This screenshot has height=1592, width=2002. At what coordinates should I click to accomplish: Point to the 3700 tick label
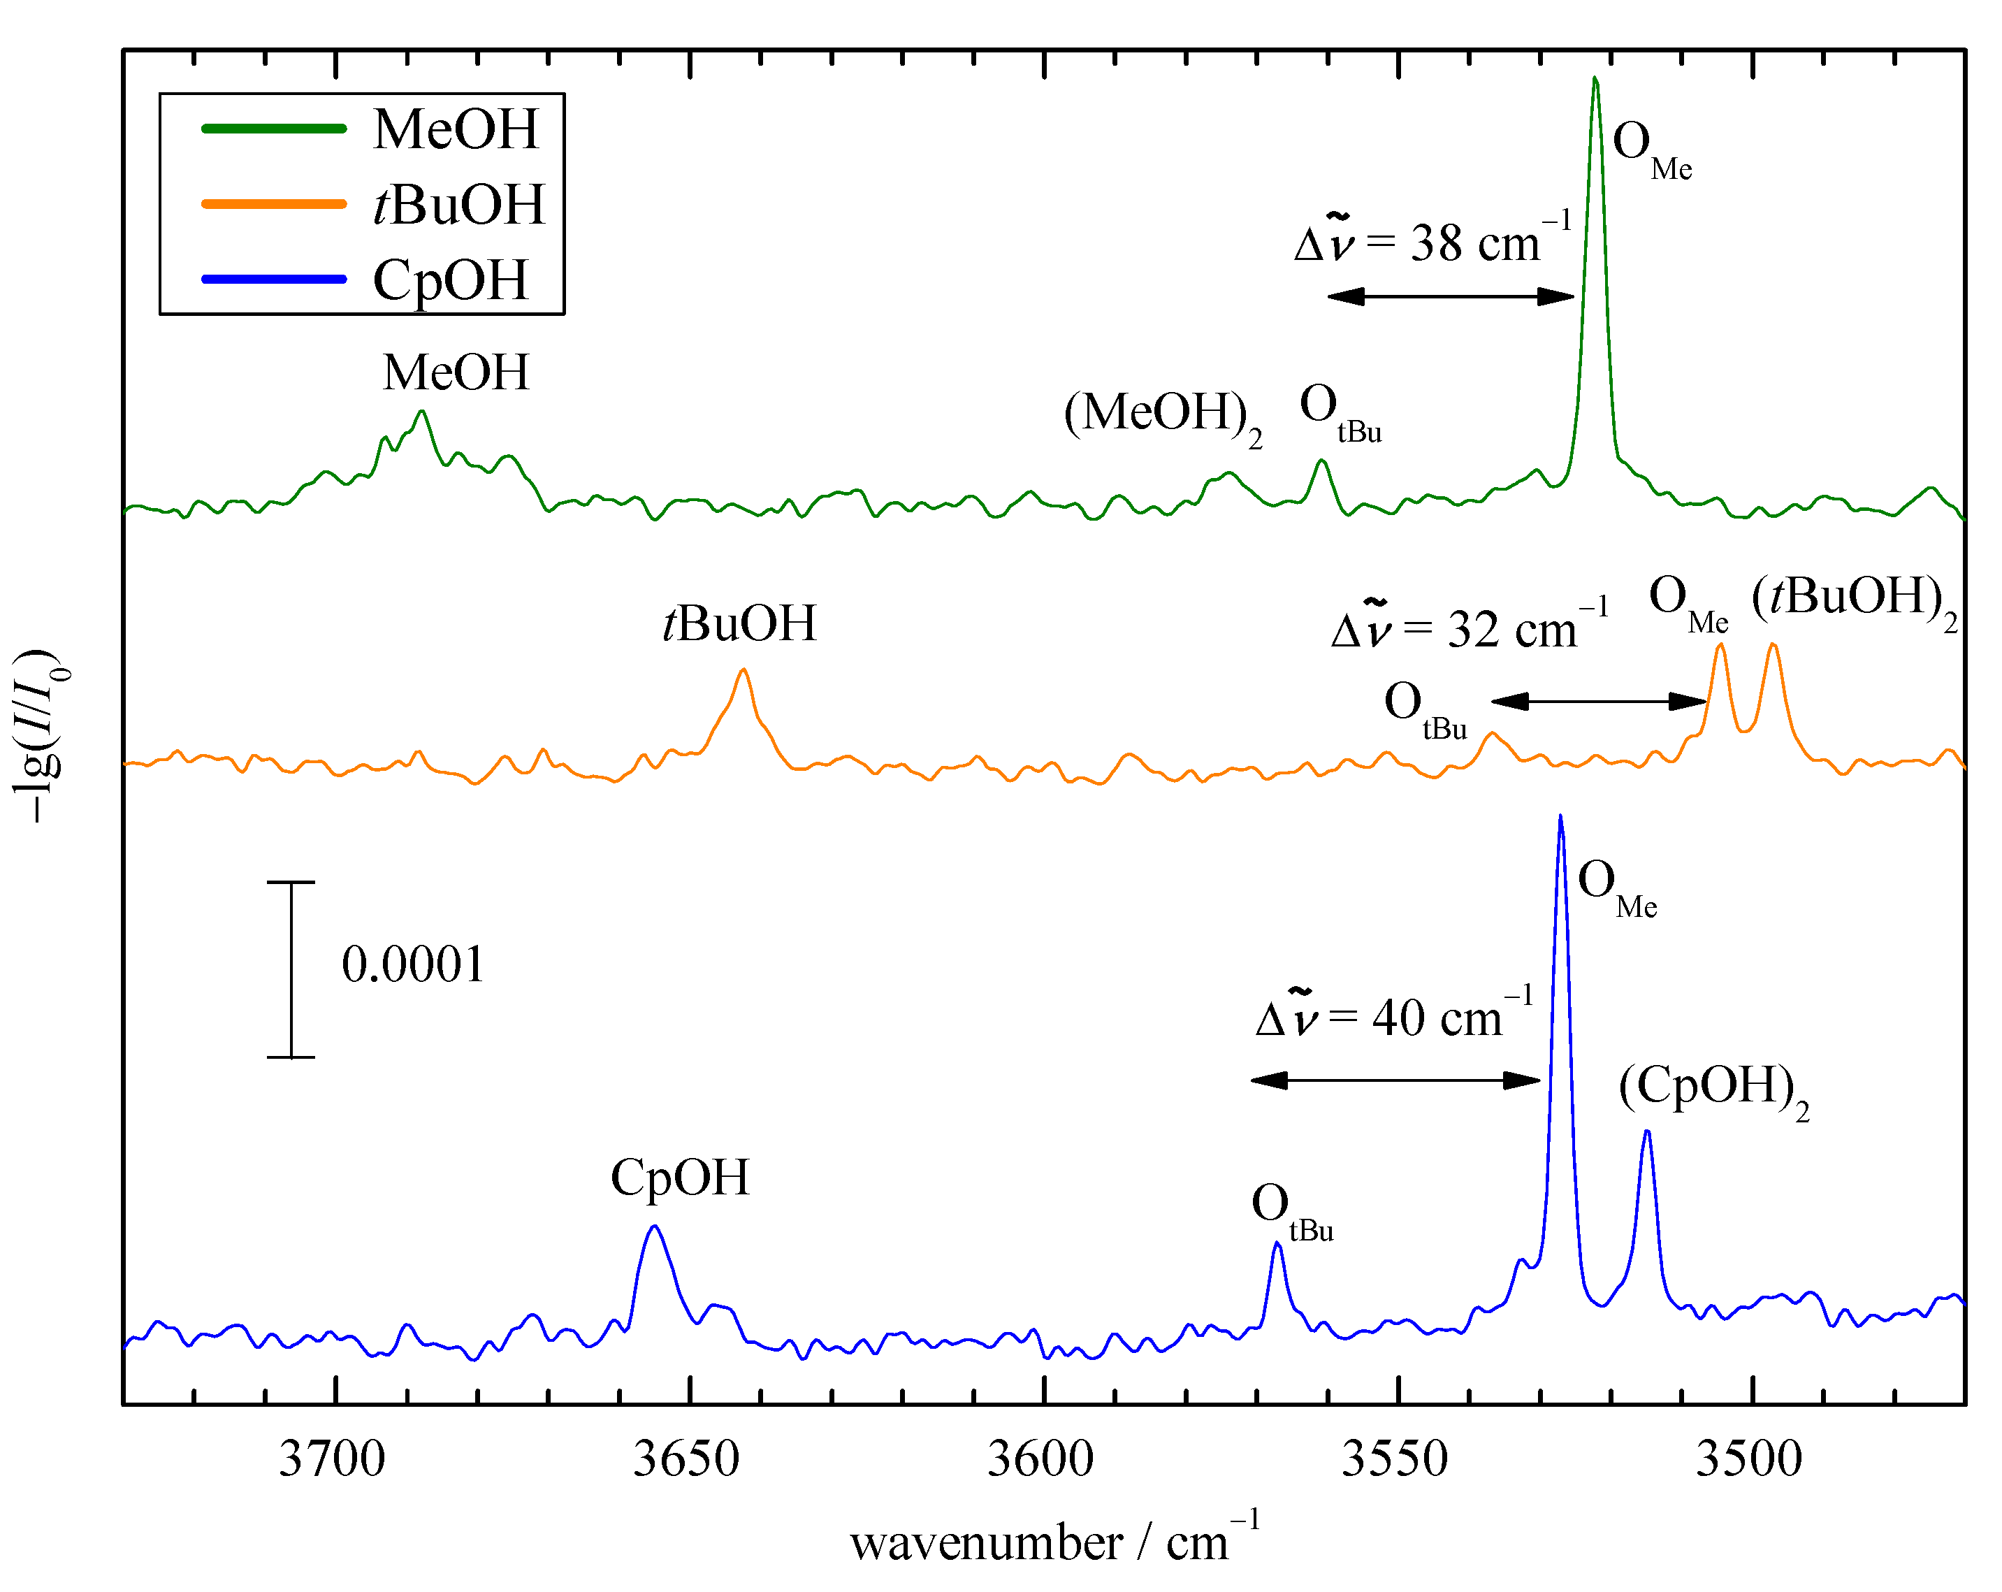[x=333, y=1459]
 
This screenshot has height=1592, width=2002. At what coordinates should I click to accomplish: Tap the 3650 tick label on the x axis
[x=686, y=1459]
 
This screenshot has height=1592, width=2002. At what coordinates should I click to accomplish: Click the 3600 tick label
[x=1041, y=1459]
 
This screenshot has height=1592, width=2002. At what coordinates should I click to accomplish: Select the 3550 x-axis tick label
[x=1395, y=1459]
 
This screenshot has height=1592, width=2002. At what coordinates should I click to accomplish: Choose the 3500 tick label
[x=1750, y=1459]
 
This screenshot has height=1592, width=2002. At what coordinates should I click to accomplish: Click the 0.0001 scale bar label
[x=413, y=965]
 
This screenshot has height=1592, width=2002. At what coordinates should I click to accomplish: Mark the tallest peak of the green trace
[x=1595, y=80]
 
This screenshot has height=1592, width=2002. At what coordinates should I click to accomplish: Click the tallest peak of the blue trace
[x=1560, y=818]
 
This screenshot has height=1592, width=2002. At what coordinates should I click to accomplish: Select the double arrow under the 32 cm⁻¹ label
[x=1599, y=701]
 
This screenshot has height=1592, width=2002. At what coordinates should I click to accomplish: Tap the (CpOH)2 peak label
[x=1713, y=1089]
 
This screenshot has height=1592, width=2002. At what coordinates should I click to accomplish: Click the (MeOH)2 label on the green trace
[x=1163, y=415]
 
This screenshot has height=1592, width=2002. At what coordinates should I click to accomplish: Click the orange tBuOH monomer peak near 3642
[x=743, y=671]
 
